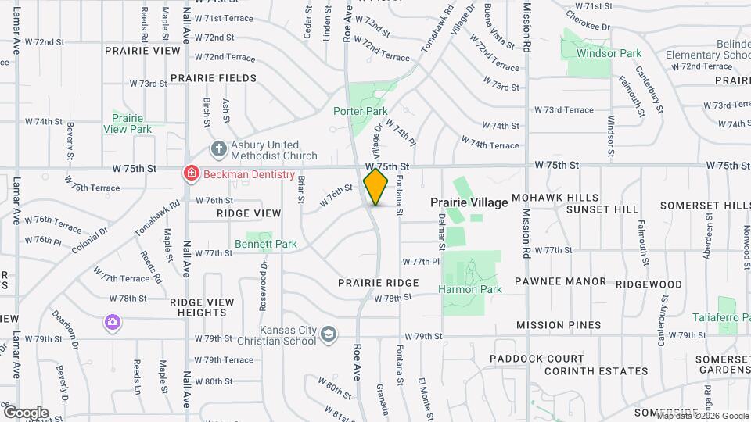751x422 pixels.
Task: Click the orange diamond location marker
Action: click(x=376, y=187)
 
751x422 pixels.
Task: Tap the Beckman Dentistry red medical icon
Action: click(x=189, y=174)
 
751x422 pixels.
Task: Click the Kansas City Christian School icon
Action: click(x=329, y=334)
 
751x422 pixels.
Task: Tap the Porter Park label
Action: click(x=361, y=112)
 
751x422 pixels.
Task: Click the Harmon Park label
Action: click(x=469, y=289)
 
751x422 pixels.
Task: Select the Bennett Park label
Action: click(x=266, y=244)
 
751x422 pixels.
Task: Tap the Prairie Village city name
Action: click(x=469, y=202)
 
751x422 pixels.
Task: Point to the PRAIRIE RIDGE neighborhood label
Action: click(x=379, y=282)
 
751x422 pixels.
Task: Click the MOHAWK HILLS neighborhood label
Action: click(x=555, y=198)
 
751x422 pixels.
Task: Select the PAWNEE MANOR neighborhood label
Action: click(x=561, y=281)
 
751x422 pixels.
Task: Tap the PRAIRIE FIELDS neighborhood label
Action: click(x=214, y=78)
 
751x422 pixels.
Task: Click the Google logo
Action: click(x=26, y=412)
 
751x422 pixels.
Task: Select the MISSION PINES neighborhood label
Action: click(x=559, y=325)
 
